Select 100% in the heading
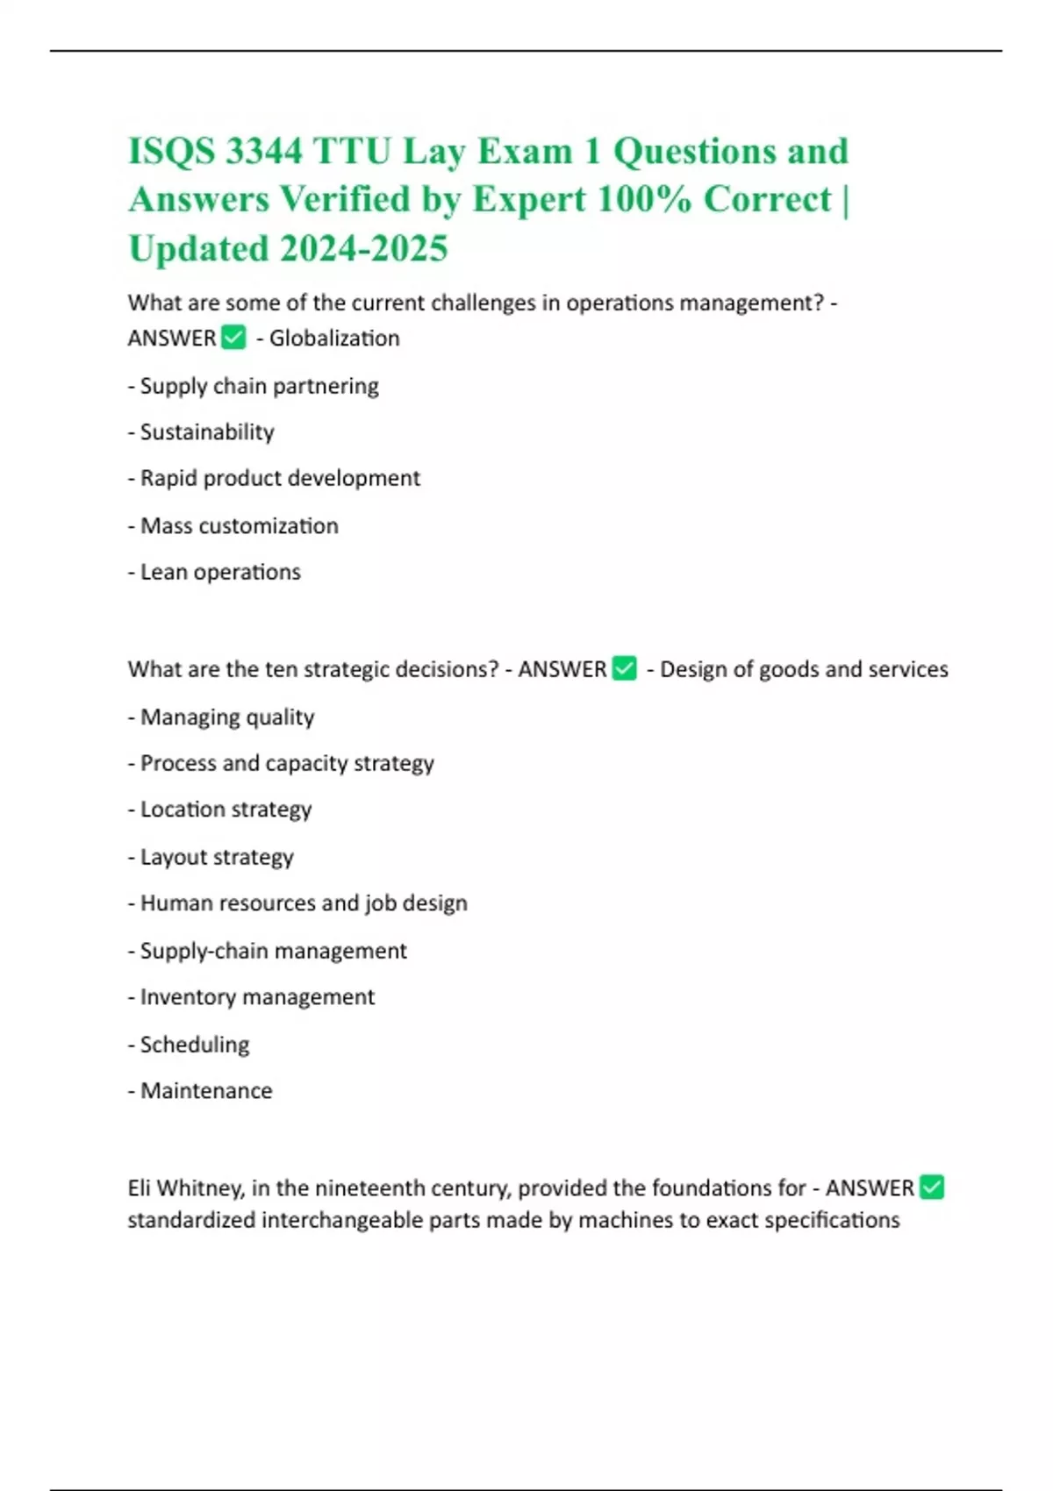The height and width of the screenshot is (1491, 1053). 644,199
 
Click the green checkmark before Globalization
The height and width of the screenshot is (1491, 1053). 233,338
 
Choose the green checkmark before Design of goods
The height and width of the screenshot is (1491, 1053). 624,669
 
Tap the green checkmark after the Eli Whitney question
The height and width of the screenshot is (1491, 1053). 931,1188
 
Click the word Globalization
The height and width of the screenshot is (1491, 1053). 334,339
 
